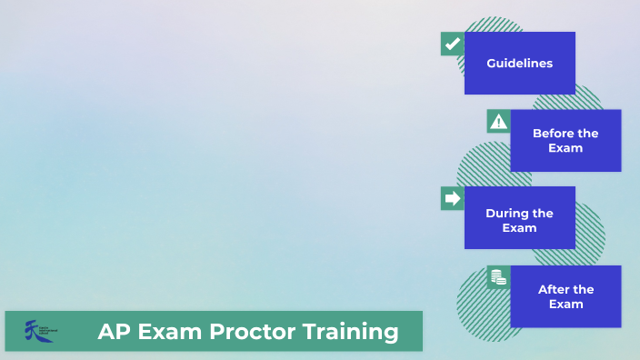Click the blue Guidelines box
pos(519,63)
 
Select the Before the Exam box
pos(565,140)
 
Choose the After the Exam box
pos(565,296)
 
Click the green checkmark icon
pos(452,44)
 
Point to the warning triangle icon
pos(498,122)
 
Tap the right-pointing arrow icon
pos(452,198)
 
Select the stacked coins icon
pos(498,277)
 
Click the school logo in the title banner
pos(41,331)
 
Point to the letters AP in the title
pos(113,332)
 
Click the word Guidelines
pos(519,64)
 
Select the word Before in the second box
pos(552,134)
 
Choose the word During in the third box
pos(506,213)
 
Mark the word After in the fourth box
pos(553,289)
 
